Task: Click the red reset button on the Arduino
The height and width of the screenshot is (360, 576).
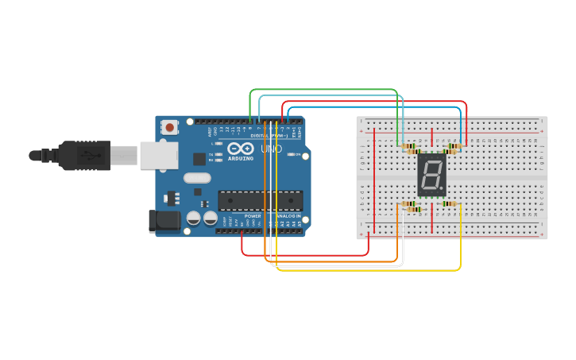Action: [x=169, y=127]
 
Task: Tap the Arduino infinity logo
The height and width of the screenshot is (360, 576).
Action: [x=241, y=149]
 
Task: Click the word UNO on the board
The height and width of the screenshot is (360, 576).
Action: [x=272, y=149]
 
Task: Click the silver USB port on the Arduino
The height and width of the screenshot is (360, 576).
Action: [x=158, y=155]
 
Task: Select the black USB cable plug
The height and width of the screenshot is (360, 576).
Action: [x=83, y=155]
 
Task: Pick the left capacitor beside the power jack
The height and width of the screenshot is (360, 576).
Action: [x=193, y=218]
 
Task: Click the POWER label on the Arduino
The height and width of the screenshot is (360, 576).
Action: [x=253, y=216]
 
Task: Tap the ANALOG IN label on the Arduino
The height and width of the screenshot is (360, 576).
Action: [x=288, y=216]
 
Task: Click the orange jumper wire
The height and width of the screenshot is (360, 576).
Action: [x=334, y=261]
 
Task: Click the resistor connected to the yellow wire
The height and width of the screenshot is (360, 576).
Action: [x=450, y=204]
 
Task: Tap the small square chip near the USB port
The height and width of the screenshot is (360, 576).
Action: [x=199, y=159]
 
